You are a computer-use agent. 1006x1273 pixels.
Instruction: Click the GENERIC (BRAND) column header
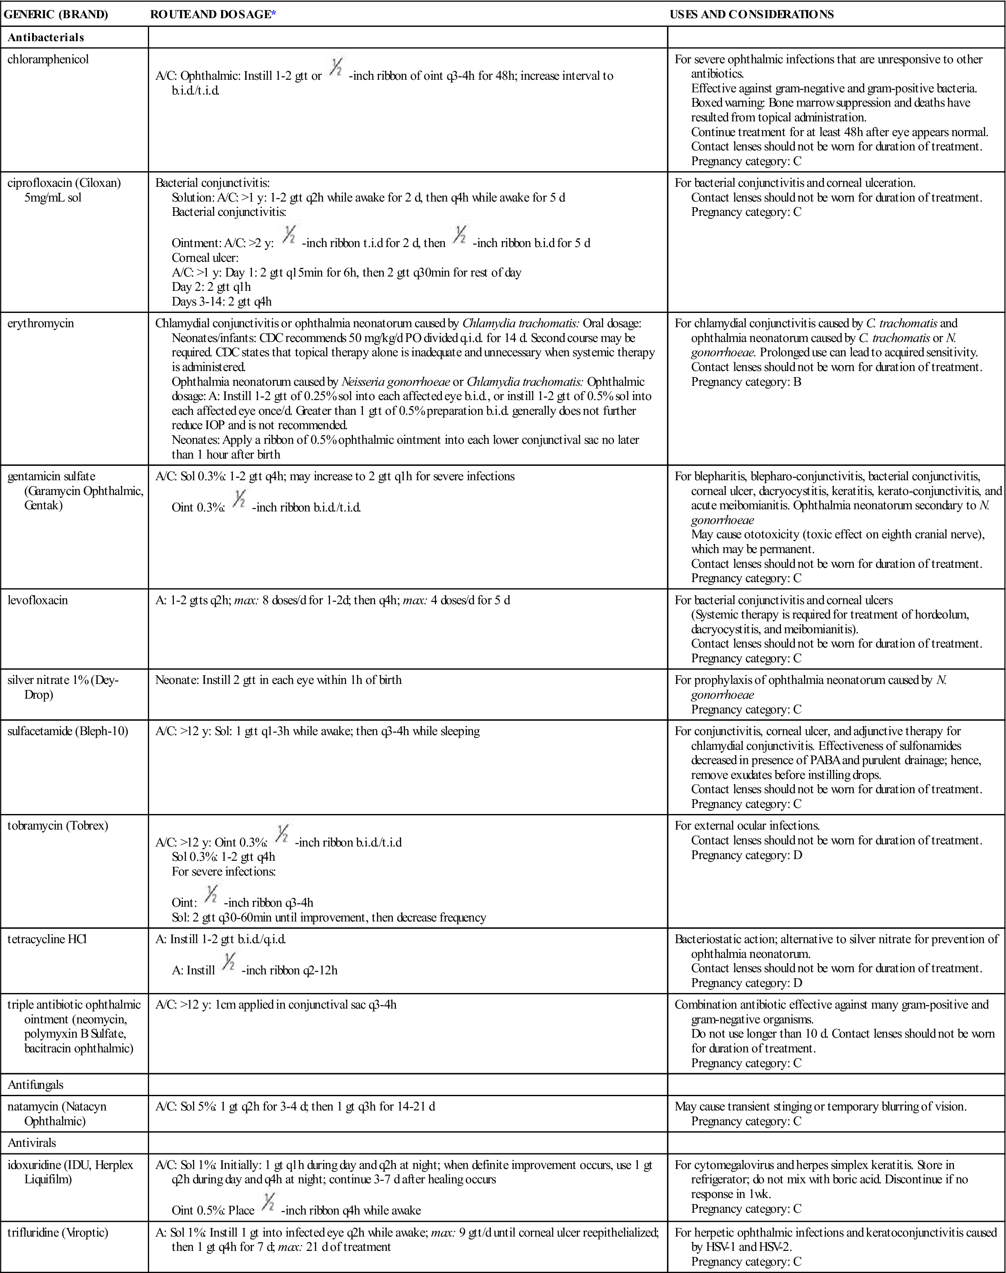pos(56,15)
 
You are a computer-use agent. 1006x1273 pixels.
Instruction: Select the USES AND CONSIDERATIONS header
pos(751,15)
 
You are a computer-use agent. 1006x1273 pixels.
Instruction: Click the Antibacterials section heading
pos(46,38)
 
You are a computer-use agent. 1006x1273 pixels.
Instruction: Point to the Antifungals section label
pos(35,1084)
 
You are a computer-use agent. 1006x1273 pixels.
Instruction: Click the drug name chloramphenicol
pos(48,59)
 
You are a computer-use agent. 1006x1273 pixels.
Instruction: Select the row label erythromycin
pos(41,323)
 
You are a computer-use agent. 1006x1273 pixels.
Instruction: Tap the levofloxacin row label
pos(38,601)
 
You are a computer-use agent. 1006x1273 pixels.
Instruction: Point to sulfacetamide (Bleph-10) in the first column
pos(68,731)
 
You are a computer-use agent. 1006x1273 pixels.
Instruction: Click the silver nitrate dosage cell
pos(278,680)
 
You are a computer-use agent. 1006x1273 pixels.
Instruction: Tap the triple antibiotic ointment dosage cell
pos(276,1005)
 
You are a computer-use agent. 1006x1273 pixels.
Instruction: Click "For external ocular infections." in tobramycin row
pos(747,826)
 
